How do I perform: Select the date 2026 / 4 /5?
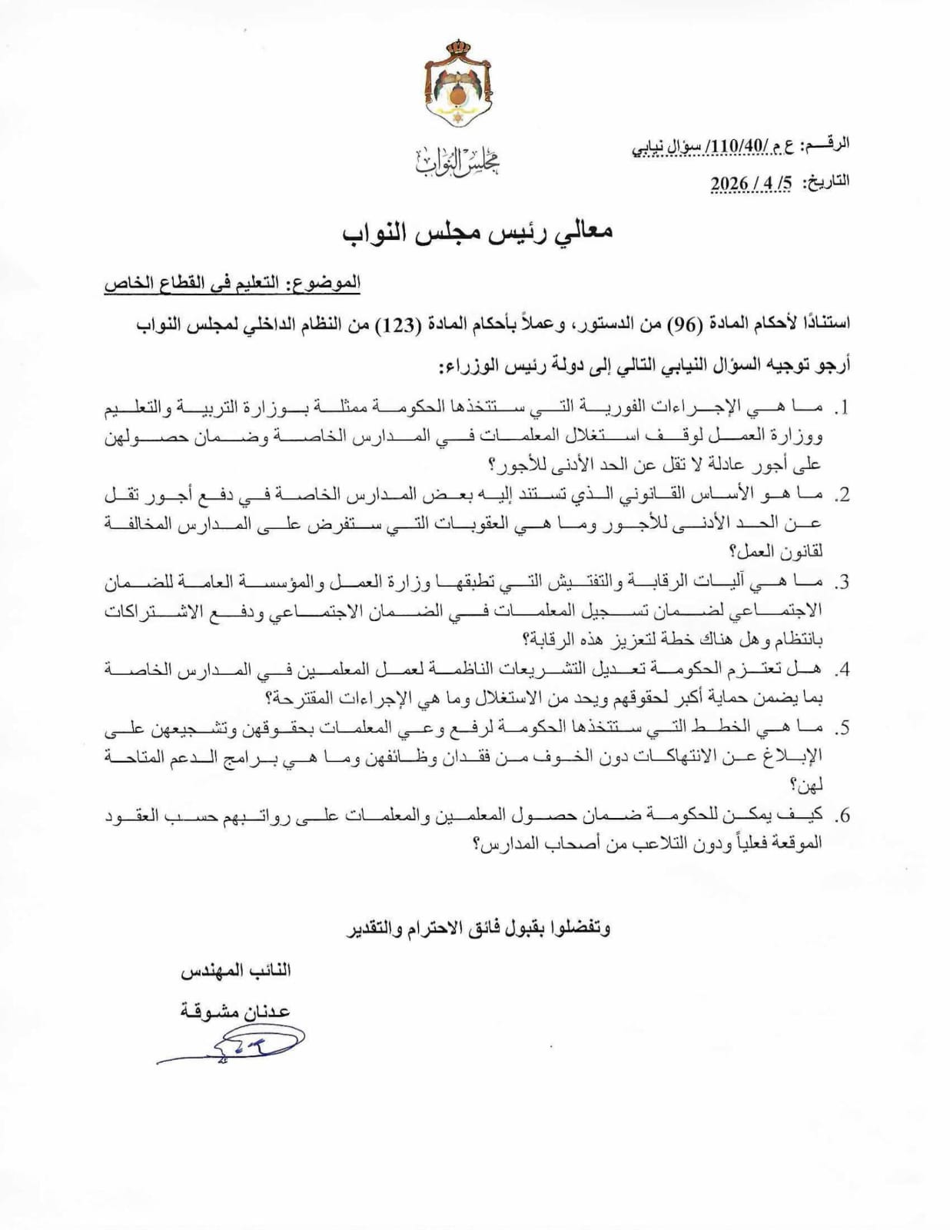[751, 183]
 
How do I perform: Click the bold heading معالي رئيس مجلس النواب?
[477, 233]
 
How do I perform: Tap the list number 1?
[842, 408]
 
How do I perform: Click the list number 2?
[842, 496]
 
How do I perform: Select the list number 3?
[842, 583]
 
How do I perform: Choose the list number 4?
[842, 670]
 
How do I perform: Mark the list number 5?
[842, 727]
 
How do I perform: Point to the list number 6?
[842, 815]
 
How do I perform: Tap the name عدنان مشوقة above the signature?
[235, 1010]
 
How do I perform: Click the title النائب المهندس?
[235, 971]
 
